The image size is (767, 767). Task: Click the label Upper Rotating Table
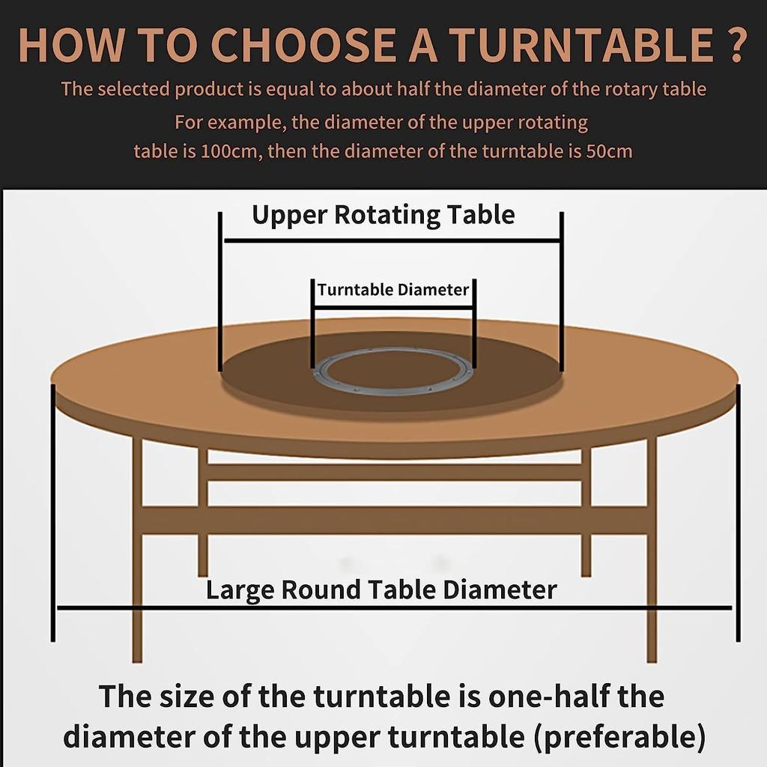(383, 215)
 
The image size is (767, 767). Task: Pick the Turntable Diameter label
(393, 290)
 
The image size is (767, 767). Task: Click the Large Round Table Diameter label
(381, 589)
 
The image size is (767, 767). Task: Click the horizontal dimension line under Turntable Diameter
(393, 306)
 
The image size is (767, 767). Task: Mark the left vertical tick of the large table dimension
(53, 513)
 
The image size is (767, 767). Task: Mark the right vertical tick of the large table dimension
(738, 513)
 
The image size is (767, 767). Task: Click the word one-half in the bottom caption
(530, 697)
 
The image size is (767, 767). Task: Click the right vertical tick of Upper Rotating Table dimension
(561, 292)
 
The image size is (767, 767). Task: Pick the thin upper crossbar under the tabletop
(393, 472)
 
